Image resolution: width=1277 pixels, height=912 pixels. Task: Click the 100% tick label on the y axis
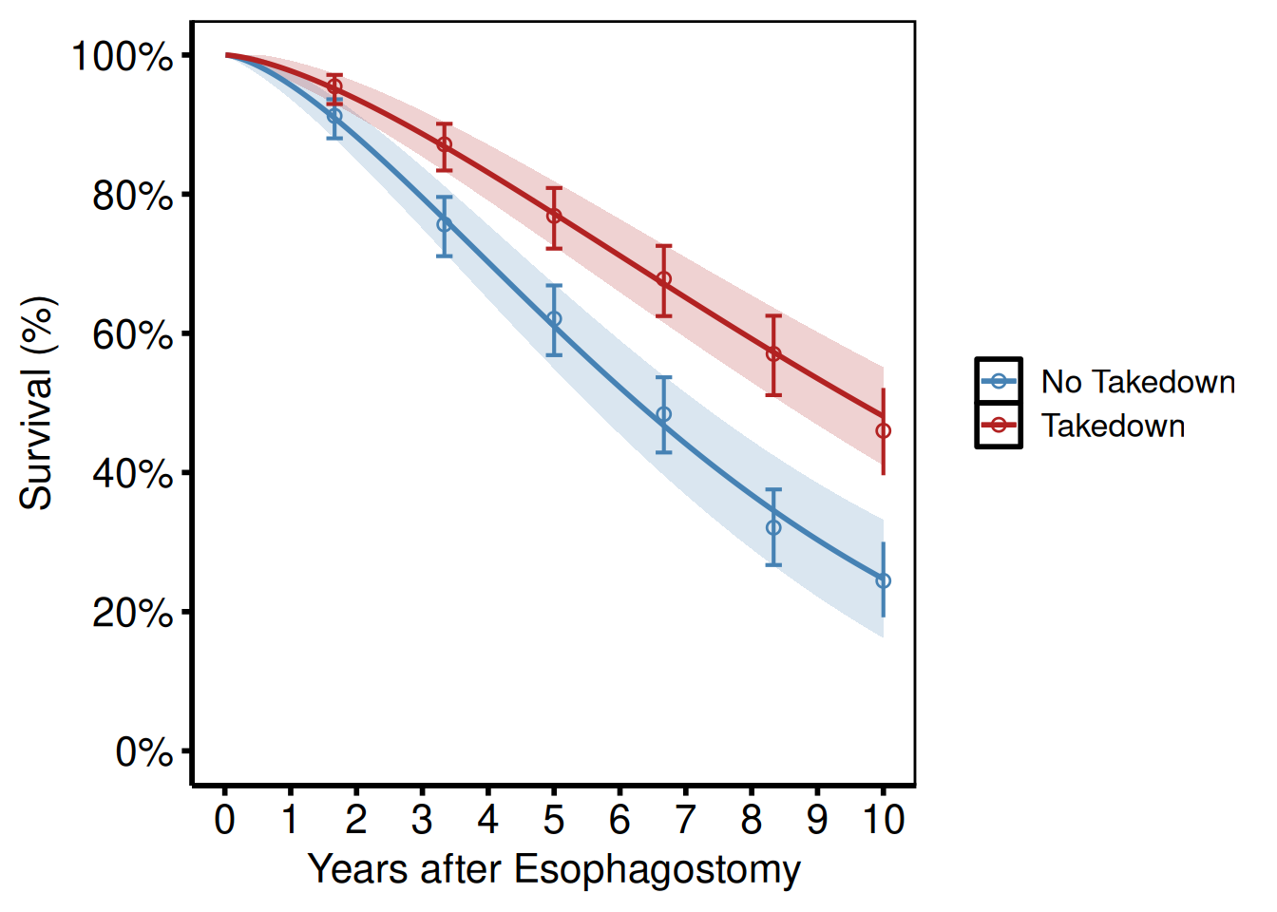(x=123, y=56)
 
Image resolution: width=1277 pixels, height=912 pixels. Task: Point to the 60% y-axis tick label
(x=133, y=334)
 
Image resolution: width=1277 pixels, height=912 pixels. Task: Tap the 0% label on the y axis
(x=144, y=752)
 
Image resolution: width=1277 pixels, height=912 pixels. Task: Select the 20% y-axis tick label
(x=133, y=613)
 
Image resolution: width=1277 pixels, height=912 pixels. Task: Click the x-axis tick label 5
(x=554, y=819)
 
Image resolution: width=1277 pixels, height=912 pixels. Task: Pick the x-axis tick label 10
(x=884, y=819)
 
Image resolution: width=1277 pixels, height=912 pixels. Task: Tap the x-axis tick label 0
(x=225, y=819)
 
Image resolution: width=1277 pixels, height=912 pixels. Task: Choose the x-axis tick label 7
(x=685, y=819)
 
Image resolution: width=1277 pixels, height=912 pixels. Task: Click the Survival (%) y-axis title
(x=38, y=404)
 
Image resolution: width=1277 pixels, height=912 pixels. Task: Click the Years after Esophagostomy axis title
(x=554, y=869)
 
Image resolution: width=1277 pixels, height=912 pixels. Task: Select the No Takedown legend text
(x=1138, y=382)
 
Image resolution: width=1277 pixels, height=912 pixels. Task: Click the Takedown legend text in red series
(x=1114, y=426)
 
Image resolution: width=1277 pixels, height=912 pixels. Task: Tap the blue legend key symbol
(x=999, y=382)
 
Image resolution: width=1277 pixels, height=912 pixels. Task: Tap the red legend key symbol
(x=999, y=426)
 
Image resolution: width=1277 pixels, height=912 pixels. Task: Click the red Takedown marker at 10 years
(x=884, y=431)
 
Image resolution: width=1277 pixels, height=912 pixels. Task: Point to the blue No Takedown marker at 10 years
(x=884, y=581)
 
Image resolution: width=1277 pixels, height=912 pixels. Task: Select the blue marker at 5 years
(x=554, y=319)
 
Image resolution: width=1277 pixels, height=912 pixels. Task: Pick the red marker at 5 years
(x=554, y=216)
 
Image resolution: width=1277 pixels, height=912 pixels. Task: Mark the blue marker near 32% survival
(x=773, y=528)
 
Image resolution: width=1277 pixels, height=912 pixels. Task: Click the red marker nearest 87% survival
(x=444, y=144)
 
